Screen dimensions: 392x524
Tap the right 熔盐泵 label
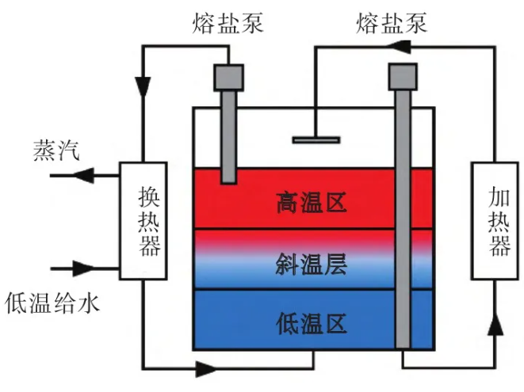(x=392, y=25)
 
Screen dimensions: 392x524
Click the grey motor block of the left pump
(x=228, y=77)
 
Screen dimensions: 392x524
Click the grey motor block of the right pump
(x=403, y=77)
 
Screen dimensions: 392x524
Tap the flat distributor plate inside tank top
(x=316, y=140)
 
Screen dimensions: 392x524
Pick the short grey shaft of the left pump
(x=228, y=139)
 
